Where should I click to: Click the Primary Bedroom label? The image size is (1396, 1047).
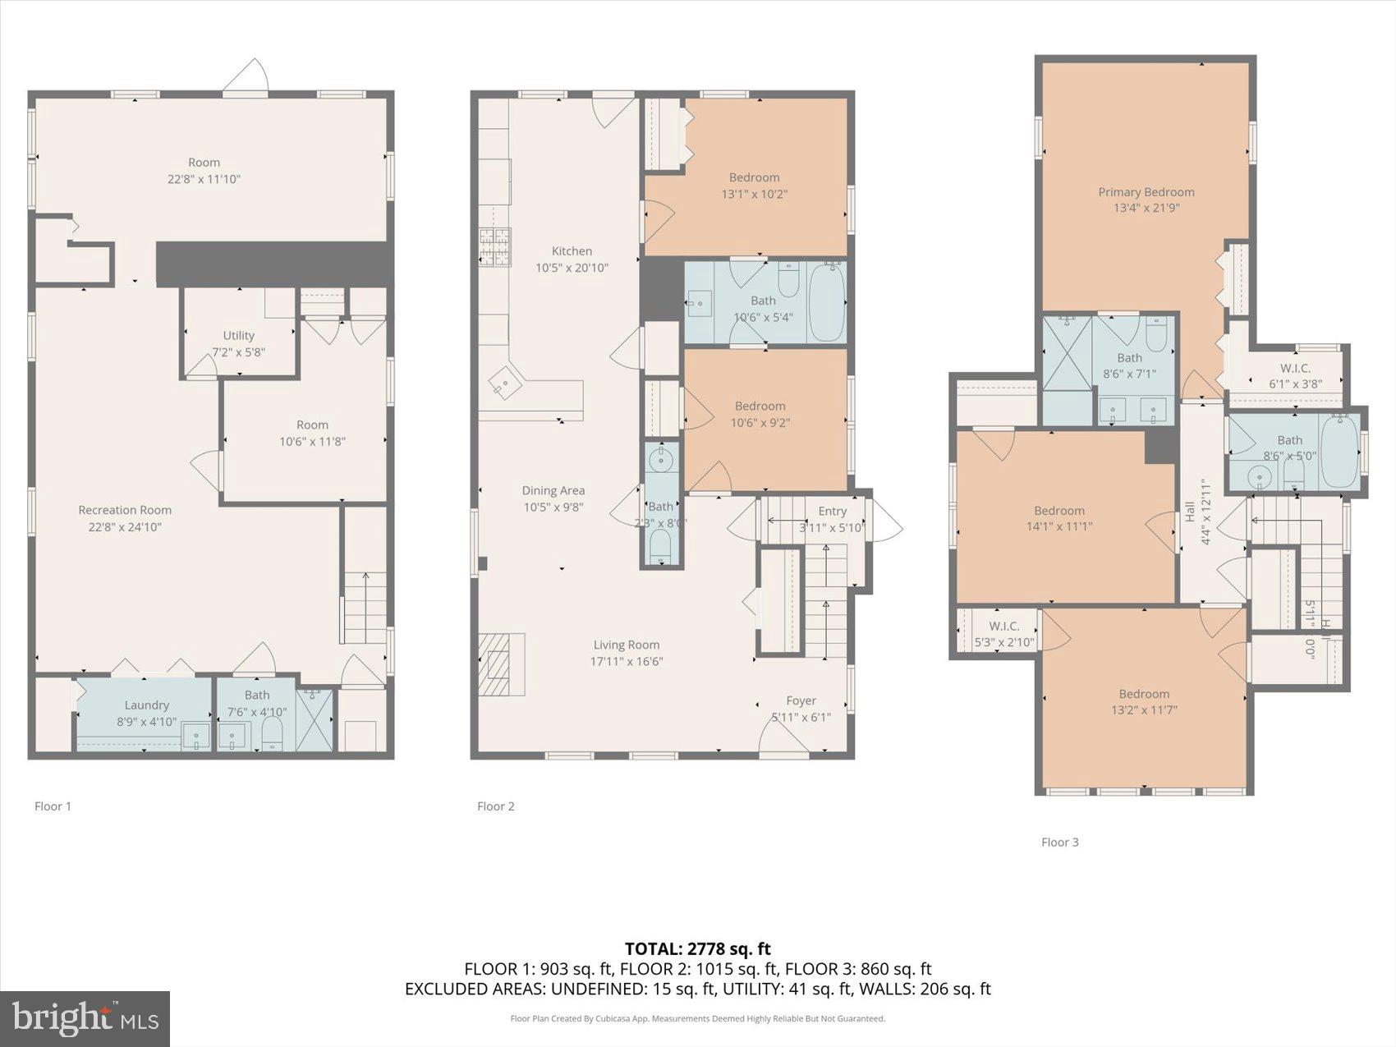point(1146,192)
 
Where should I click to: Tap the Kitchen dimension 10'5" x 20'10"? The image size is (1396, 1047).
point(572,268)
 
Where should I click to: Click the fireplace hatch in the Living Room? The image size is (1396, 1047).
point(501,664)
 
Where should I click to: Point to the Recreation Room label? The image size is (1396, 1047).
point(125,510)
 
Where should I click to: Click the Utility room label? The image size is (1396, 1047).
point(239,335)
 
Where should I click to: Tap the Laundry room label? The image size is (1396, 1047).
point(147,705)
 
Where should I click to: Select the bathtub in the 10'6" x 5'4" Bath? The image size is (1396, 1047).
point(826,301)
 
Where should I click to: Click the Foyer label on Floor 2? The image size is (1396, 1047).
point(801,700)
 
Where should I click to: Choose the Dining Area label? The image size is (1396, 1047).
point(553,490)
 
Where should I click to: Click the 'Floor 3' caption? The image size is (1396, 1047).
point(1059,842)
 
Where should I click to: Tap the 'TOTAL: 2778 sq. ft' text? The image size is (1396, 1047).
point(697,949)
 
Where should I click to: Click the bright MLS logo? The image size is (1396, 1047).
point(85,1019)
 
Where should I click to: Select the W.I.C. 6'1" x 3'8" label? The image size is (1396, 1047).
point(1295,368)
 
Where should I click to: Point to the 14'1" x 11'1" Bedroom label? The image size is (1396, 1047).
point(1059,510)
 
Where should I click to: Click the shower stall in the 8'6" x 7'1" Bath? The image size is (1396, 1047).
point(1067,353)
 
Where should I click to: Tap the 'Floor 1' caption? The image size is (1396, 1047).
point(53,806)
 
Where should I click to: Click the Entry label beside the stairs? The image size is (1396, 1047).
point(832,511)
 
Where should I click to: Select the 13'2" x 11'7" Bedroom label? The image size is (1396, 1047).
point(1144,693)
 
